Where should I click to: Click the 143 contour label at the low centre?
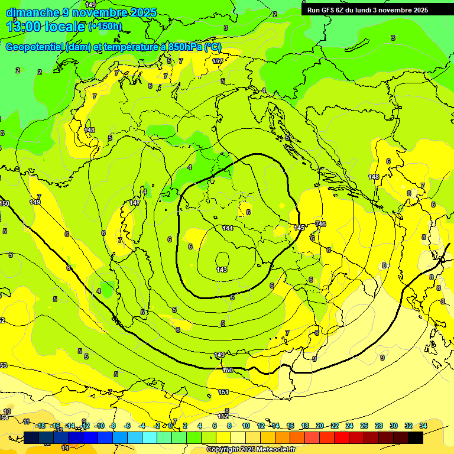pos(222,270)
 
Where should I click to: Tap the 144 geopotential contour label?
pos(228,228)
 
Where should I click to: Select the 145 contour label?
pos(299,228)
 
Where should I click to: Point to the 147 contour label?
pos(135,203)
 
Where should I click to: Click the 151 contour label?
pos(223,392)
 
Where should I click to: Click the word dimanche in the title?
pos(33,12)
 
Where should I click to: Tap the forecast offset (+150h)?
pos(105,26)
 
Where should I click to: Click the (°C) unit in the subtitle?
pos(213,47)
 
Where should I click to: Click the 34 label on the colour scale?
pos(423,426)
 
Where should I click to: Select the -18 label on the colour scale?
pos(40,426)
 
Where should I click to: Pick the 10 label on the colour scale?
pos(246,426)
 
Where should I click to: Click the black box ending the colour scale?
pos(416,437)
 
